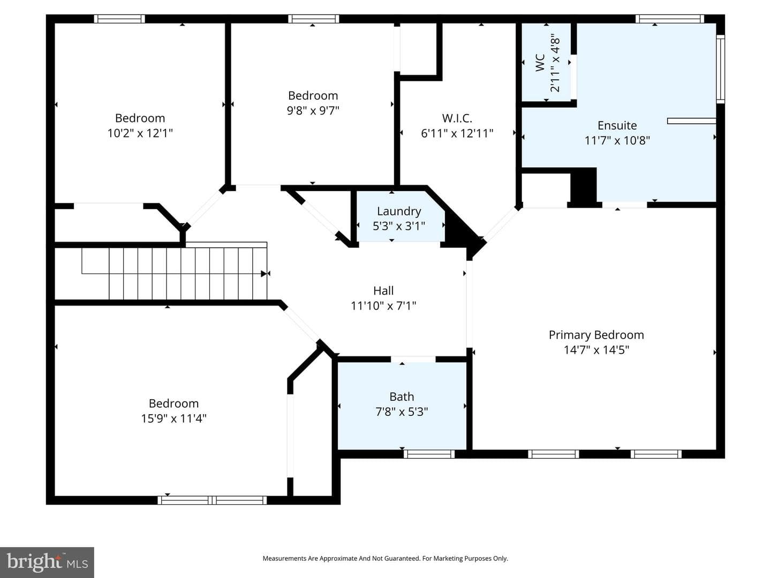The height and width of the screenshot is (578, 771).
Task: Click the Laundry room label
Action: (x=399, y=211)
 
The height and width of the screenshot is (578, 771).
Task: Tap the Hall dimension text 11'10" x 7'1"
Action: (x=383, y=306)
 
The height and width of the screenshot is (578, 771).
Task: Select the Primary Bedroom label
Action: (x=596, y=335)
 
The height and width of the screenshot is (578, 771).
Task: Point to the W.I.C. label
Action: (x=457, y=118)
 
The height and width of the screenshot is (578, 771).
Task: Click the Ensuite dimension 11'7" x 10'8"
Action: (x=617, y=140)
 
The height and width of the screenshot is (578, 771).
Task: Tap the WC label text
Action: (x=540, y=63)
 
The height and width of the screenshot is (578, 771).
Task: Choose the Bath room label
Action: (x=402, y=397)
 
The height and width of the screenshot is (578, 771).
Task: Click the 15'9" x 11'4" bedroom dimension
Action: (x=173, y=419)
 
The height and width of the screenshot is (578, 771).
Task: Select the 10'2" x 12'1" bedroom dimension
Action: (x=140, y=133)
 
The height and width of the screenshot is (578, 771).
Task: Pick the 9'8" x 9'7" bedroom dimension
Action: (x=313, y=111)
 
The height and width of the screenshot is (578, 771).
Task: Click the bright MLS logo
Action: (x=47, y=562)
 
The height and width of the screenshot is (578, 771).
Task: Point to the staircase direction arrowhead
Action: (x=264, y=273)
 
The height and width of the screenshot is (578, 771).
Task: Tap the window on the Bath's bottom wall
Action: (x=429, y=454)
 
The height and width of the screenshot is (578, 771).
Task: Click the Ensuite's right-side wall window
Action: (x=721, y=69)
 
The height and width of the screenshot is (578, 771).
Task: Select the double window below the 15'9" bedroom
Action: (x=212, y=500)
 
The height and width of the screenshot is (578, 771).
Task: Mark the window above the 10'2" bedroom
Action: (x=119, y=19)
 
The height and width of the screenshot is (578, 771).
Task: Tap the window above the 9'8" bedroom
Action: (x=314, y=19)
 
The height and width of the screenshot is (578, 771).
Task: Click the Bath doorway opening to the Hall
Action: (x=413, y=359)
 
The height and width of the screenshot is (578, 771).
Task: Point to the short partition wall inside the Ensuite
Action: (x=692, y=121)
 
